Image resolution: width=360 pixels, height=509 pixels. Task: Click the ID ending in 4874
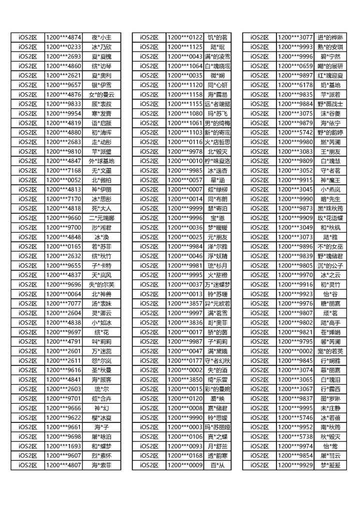[x=63, y=37]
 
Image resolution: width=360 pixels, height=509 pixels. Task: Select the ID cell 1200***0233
[x=63, y=47]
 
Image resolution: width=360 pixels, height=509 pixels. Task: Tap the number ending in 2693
[x=63, y=56]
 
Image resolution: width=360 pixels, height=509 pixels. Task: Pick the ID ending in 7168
[x=63, y=170]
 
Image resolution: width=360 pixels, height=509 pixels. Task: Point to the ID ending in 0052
[x=63, y=180]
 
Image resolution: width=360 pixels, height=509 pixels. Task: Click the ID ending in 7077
[x=63, y=303]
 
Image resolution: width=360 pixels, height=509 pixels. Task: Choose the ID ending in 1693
[x=63, y=446]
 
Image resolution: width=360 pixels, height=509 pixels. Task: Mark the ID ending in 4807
[x=63, y=465]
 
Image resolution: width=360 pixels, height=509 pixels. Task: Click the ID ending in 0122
[x=185, y=37]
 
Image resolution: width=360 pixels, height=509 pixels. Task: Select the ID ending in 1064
[x=185, y=66]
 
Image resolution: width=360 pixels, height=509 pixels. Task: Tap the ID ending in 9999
[x=185, y=208]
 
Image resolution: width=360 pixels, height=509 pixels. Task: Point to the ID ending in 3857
[x=185, y=303]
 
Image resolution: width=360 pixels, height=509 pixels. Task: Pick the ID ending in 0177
[x=185, y=360]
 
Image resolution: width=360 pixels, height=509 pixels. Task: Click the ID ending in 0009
[x=185, y=465]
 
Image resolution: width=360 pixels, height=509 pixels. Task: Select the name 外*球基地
[x=101, y=161]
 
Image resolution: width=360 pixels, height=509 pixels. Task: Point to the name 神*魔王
[x=330, y=180]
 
